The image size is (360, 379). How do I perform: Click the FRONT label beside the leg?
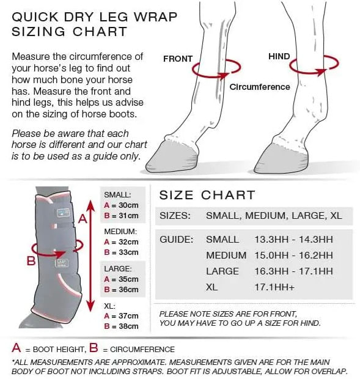point(178,59)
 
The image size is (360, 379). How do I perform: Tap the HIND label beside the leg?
point(279,56)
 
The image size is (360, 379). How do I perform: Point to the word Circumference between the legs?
point(260,87)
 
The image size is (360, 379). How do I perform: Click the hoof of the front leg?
point(172,156)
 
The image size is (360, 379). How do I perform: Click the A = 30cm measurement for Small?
point(121,205)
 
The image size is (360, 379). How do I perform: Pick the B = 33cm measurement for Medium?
point(121,252)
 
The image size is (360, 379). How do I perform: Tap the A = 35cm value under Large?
point(121,279)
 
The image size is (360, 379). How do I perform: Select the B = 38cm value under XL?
point(121,326)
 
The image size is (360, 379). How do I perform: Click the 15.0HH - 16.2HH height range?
point(293,256)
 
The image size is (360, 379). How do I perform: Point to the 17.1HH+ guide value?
point(274,287)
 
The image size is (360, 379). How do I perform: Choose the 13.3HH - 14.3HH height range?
point(293,240)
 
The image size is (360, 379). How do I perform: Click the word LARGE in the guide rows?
point(222,271)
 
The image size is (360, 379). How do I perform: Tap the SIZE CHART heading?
point(207,195)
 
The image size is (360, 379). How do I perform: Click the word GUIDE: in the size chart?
point(177,240)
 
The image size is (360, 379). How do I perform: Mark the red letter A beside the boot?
point(83,219)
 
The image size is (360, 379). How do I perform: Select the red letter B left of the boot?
point(31,261)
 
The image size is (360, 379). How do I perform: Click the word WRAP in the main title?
point(155,17)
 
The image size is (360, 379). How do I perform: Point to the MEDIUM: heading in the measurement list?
point(120,232)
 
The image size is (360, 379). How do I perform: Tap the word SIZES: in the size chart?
point(175,216)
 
